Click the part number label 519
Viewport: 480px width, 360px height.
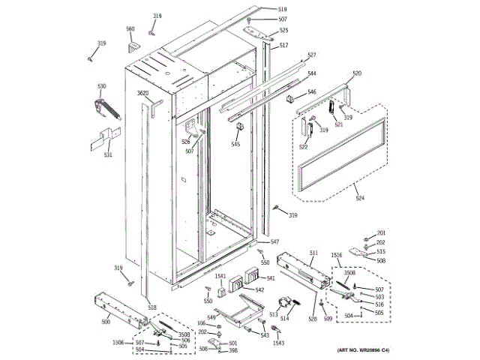coord(283,9)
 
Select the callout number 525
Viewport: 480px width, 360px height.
coord(283,31)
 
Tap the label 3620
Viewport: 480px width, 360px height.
coord(142,94)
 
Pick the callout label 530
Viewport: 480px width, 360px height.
coord(102,87)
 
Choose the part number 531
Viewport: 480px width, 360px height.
coord(108,155)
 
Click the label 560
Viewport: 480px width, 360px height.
coord(130,29)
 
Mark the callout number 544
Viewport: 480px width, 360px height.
coord(311,73)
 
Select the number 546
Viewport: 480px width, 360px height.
coord(311,92)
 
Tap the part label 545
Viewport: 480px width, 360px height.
coord(235,144)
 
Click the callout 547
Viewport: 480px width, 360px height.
coord(274,241)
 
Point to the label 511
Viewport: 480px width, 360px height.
coord(313,253)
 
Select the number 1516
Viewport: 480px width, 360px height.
coord(337,256)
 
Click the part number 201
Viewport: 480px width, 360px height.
coord(380,233)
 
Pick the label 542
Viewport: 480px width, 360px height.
coord(259,289)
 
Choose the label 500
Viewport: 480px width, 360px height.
coord(106,321)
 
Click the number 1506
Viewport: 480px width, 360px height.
coord(118,342)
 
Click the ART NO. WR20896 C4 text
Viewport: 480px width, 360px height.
coord(364,351)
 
